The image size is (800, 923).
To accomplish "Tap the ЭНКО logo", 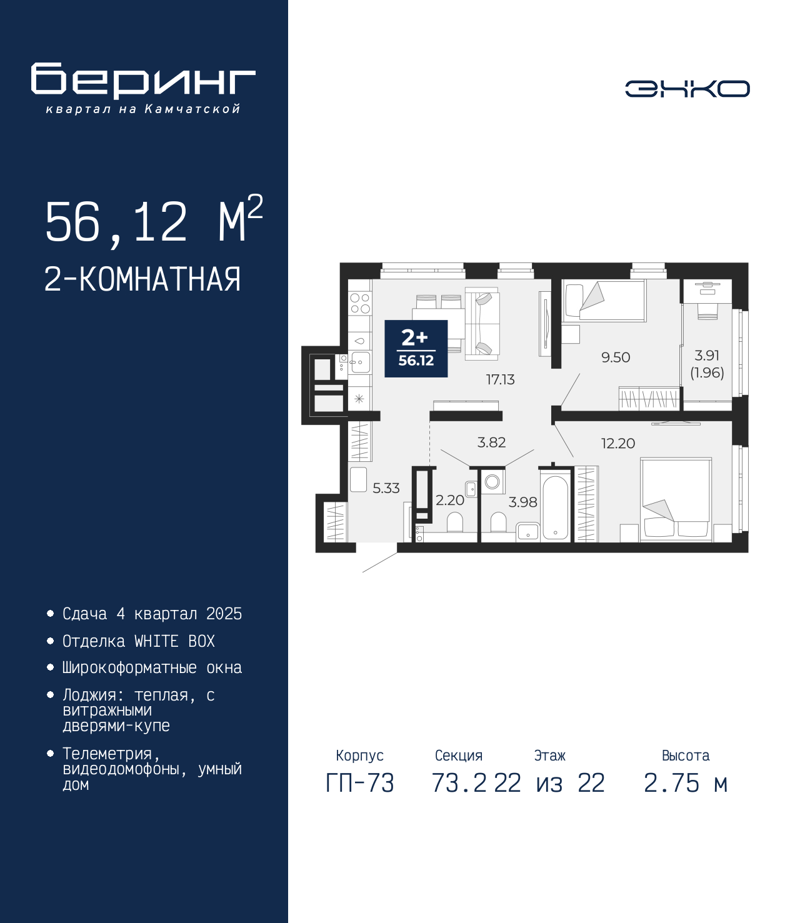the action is tap(687, 89).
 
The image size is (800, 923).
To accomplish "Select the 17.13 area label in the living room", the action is tap(500, 379).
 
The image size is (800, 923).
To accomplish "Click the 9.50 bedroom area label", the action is tap(616, 357).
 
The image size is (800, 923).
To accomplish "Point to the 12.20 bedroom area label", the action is tap(617, 444).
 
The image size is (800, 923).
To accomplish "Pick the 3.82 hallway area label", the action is tap(491, 442).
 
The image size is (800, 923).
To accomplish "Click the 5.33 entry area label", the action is tap(386, 488).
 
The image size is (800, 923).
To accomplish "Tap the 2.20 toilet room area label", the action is tap(450, 500).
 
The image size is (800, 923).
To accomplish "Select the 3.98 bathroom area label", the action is tap(522, 502).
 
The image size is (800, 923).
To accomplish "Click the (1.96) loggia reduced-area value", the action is tap(707, 372).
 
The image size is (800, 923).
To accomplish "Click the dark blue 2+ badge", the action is tap(416, 348).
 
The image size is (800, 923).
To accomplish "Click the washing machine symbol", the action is tap(492, 481).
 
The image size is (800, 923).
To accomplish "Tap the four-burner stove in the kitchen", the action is tap(360, 303).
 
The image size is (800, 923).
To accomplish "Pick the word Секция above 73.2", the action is tap(459, 756).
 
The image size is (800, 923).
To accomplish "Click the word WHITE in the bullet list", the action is tap(156, 641).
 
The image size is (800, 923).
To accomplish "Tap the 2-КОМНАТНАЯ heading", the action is tap(142, 279).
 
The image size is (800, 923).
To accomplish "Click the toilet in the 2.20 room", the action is tap(455, 522).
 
